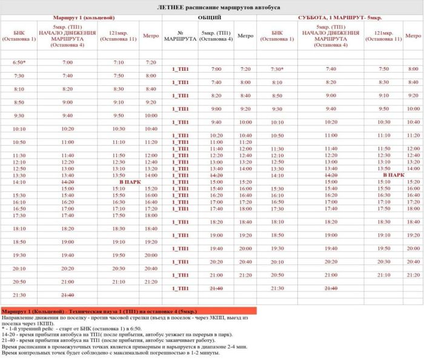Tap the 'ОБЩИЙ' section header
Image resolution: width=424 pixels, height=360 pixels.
[210, 18]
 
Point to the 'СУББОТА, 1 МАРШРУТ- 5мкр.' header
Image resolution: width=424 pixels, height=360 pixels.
[340, 18]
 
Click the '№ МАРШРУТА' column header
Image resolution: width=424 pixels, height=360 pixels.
[180, 36]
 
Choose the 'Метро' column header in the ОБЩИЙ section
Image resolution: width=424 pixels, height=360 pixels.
[245, 36]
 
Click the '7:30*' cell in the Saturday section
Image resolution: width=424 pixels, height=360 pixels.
[277, 69]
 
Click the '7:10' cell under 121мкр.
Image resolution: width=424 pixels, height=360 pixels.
[119, 62]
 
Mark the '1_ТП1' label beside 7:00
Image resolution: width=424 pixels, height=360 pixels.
[181, 70]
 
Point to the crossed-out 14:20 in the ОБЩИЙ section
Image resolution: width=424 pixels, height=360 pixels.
[216, 175]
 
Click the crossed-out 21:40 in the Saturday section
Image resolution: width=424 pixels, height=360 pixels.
[331, 288]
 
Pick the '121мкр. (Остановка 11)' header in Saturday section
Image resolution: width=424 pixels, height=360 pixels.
[384, 36]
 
